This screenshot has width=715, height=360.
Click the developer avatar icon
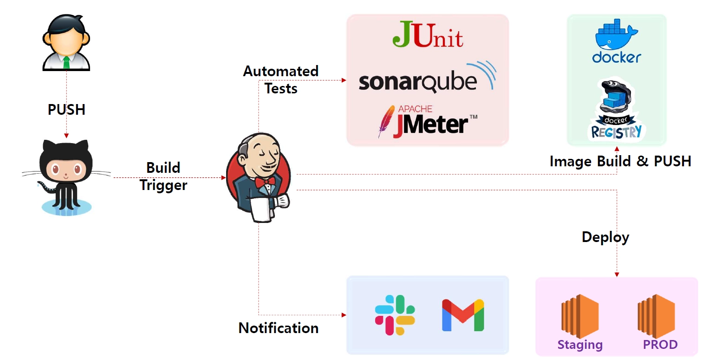(66, 42)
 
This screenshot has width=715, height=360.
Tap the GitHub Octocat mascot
(66, 177)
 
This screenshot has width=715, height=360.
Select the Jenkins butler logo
(259, 177)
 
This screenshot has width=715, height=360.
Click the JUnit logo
(428, 34)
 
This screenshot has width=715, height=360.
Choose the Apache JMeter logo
(428, 122)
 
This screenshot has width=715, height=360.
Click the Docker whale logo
(617, 40)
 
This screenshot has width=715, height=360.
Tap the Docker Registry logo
(616, 110)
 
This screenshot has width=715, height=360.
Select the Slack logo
(395, 315)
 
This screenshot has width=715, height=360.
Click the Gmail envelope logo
(463, 315)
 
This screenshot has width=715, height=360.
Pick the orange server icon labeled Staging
(579, 316)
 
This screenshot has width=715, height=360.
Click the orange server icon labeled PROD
(656, 316)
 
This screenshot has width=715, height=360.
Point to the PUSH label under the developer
(66, 110)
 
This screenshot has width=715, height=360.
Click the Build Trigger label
(163, 177)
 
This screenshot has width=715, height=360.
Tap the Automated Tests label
(281, 80)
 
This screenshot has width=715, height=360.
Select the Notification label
(279, 328)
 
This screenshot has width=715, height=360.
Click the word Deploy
(605, 237)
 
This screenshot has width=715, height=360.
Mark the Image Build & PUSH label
(620, 161)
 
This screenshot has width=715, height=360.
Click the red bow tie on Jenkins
(265, 183)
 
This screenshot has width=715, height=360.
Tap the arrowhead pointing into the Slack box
(344, 315)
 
